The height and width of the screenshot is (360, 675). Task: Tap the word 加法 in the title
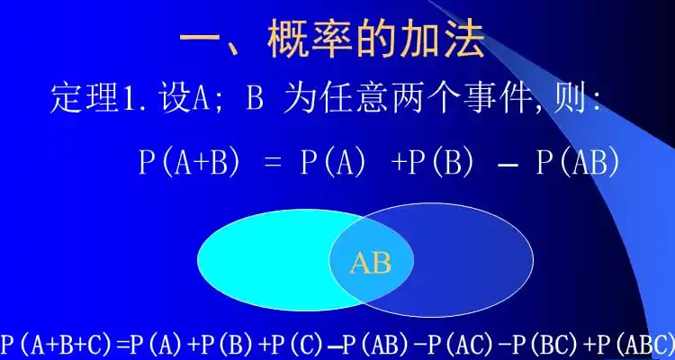(444, 41)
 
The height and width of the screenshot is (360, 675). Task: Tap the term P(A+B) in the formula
(189, 162)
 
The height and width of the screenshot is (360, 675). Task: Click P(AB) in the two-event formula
(578, 162)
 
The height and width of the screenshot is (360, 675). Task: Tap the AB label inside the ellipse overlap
(371, 263)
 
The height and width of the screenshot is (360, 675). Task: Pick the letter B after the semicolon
(256, 99)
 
